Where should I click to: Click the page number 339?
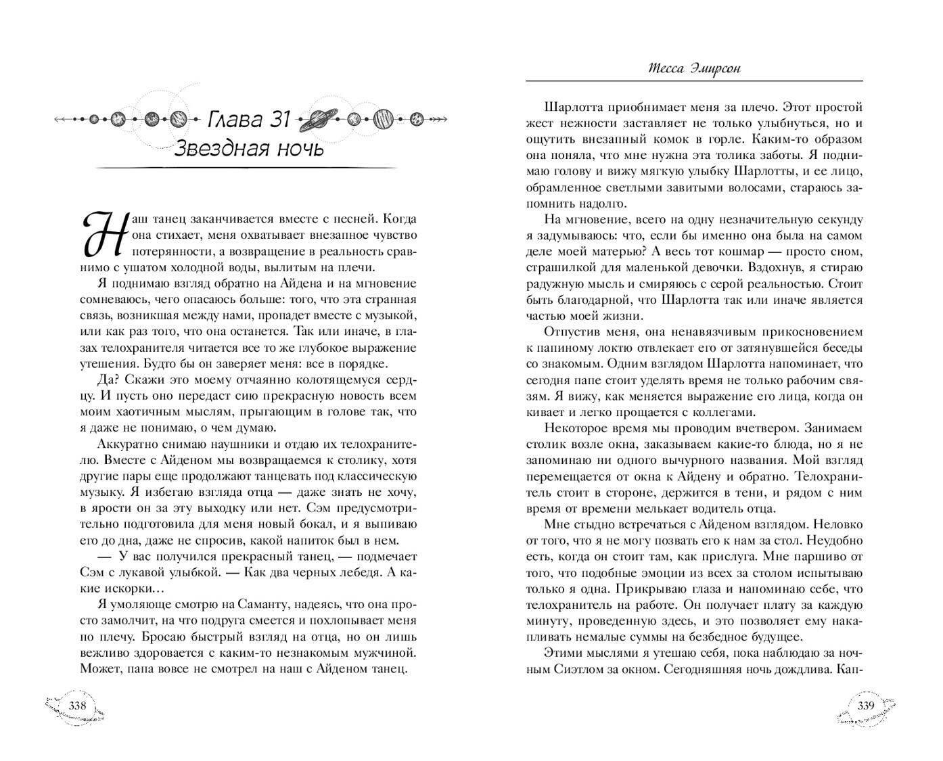867,706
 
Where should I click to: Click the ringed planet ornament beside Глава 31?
317,119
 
